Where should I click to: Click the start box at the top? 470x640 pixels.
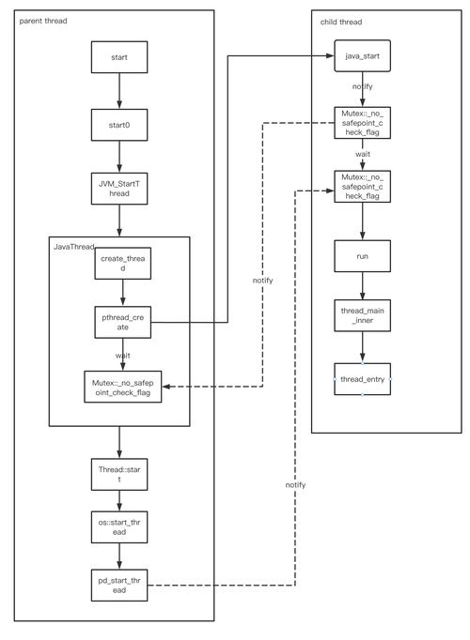(x=118, y=57)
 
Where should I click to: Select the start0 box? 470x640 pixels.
(x=118, y=125)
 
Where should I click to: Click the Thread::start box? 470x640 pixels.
(x=118, y=472)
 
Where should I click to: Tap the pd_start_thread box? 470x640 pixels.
(x=118, y=586)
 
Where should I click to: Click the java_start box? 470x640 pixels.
(x=362, y=56)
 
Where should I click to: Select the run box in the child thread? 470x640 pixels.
(x=362, y=254)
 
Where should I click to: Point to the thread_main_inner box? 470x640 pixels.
(x=362, y=314)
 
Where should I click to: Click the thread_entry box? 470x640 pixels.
(x=362, y=378)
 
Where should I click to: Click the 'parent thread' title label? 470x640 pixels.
(x=44, y=20)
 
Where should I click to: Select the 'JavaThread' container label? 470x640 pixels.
(x=74, y=246)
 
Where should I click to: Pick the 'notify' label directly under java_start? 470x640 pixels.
(x=362, y=86)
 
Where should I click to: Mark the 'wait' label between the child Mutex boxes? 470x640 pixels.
(x=362, y=153)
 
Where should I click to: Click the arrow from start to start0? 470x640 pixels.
(x=118, y=91)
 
